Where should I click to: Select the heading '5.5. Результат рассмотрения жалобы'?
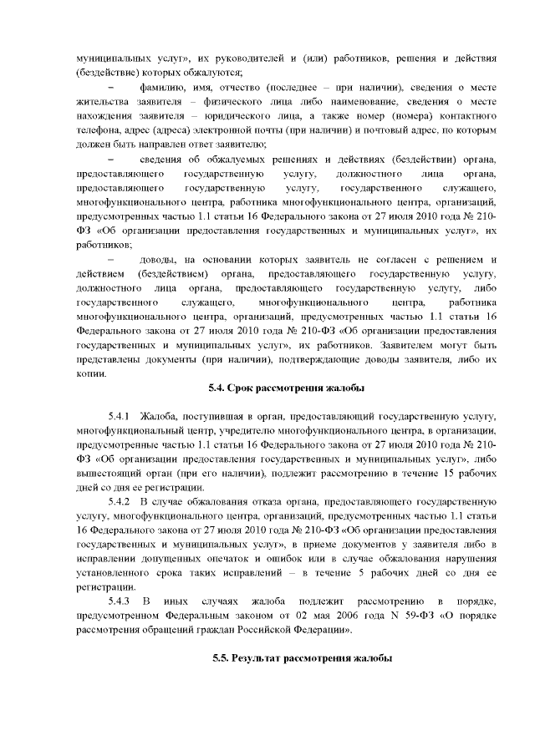pyautogui.click(x=302, y=659)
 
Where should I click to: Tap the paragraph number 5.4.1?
pyautogui.click(x=120, y=415)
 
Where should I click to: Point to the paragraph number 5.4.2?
pyautogui.click(x=120, y=501)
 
